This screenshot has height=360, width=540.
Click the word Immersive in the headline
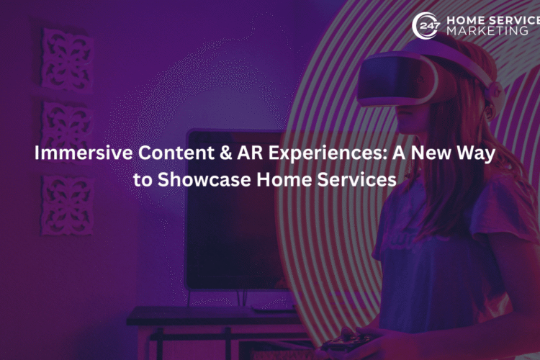tap(84, 153)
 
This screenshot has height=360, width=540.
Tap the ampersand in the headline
tap(225, 153)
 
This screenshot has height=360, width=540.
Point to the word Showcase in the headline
tap(204, 179)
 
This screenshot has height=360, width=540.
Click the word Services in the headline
tap(356, 179)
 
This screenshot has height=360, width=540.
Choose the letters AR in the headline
tap(250, 153)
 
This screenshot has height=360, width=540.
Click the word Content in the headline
tap(176, 153)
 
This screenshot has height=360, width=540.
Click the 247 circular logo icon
tap(426, 25)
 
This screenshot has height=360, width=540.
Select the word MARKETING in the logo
tap(487, 31)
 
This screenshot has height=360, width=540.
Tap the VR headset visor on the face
tap(397, 80)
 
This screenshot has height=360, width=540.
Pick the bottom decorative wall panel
tap(67, 206)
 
